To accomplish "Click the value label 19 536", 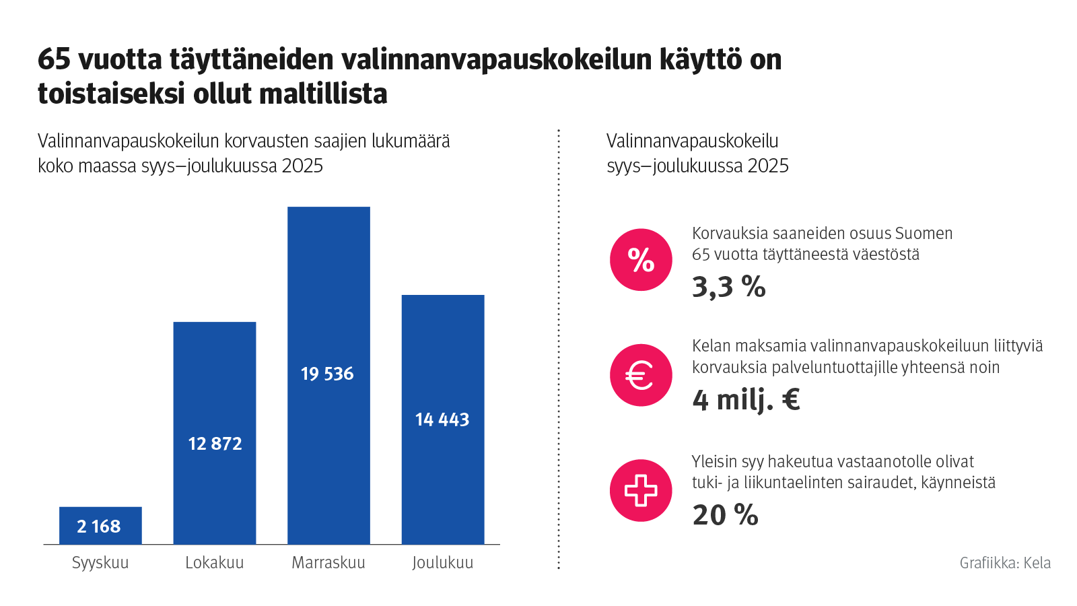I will pyautogui.click(x=327, y=374).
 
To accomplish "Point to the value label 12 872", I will pyautogui.click(x=215, y=444).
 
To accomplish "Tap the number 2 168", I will pyautogui.click(x=99, y=527).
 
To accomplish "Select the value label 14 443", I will pyautogui.click(x=442, y=419).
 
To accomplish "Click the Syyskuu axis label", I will pyautogui.click(x=100, y=563).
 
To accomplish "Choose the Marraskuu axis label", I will pyautogui.click(x=328, y=563).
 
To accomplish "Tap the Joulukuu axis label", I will pyautogui.click(x=443, y=563).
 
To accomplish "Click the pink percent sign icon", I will pyautogui.click(x=641, y=260).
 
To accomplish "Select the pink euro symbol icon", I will pyautogui.click(x=641, y=375).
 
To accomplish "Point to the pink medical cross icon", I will pyautogui.click(x=641, y=490).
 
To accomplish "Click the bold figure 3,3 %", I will pyautogui.click(x=729, y=287).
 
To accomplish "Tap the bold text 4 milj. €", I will pyautogui.click(x=746, y=400).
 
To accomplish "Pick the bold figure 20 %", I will pyautogui.click(x=725, y=516).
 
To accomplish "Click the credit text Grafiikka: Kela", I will pyautogui.click(x=1005, y=563).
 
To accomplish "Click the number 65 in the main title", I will pyautogui.click(x=54, y=60).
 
